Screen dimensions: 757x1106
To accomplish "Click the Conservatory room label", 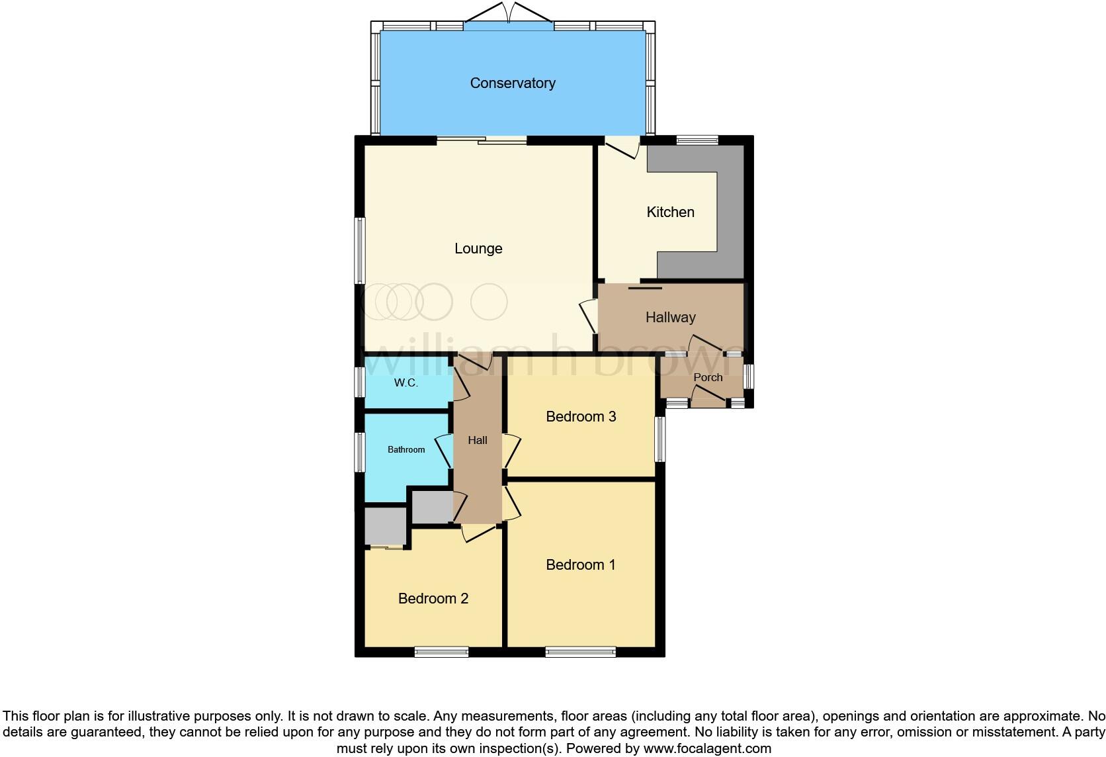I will coord(512,83).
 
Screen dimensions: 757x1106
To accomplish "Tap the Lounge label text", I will coord(478,249).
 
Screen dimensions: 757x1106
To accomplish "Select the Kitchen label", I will coord(670,212).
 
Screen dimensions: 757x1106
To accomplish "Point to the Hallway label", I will coord(670,318).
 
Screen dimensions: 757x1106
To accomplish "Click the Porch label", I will coord(708,378).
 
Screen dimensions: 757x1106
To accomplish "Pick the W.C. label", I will coord(405,383).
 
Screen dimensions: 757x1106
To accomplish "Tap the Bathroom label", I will coord(406,450).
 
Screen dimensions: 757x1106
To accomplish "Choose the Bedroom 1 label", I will coord(580,565).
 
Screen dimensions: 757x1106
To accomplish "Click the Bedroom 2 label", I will coord(433,599).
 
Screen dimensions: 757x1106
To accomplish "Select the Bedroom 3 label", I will coord(581,417).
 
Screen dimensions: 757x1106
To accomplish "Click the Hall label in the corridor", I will coord(477,441).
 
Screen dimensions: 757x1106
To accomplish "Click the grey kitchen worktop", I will coord(730,212).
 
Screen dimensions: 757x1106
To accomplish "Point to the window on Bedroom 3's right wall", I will coord(660,439).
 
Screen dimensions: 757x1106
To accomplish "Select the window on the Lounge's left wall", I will coord(361,251).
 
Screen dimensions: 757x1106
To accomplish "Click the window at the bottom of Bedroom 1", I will coord(580,652).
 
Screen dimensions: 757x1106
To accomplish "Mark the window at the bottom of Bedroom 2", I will coord(441,652).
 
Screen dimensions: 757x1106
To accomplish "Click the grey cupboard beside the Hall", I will coord(432,508).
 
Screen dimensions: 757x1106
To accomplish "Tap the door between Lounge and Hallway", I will coord(589,316).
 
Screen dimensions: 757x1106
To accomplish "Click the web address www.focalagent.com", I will coord(707,749).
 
